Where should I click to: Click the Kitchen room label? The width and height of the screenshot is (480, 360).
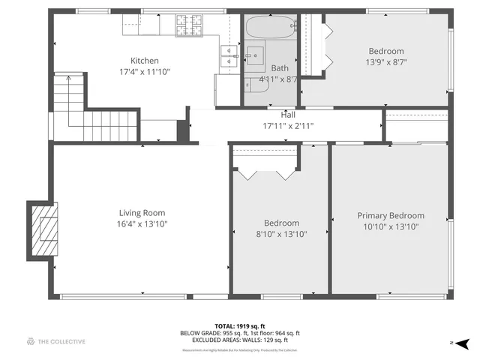pyautogui.click(x=145, y=61)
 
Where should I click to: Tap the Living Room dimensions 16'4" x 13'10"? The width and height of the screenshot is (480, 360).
pyautogui.click(x=142, y=223)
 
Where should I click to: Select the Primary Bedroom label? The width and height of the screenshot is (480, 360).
pyautogui.click(x=390, y=215)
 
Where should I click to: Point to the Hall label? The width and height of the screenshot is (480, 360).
pyautogui.click(x=288, y=115)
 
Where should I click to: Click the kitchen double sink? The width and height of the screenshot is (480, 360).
pyautogui.click(x=227, y=55)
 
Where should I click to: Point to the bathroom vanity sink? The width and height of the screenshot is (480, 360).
pyautogui.click(x=256, y=55)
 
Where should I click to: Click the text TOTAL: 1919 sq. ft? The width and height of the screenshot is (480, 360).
pyautogui.click(x=240, y=326)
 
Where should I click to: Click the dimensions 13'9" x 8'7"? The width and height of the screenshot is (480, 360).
pyautogui.click(x=385, y=63)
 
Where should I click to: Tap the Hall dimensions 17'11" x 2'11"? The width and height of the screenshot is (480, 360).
pyautogui.click(x=288, y=125)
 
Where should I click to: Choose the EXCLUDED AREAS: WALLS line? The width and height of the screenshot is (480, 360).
pyautogui.click(x=240, y=340)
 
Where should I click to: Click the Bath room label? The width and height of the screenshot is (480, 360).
pyautogui.click(x=279, y=68)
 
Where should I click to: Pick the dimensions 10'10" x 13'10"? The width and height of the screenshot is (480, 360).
pyautogui.click(x=390, y=226)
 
